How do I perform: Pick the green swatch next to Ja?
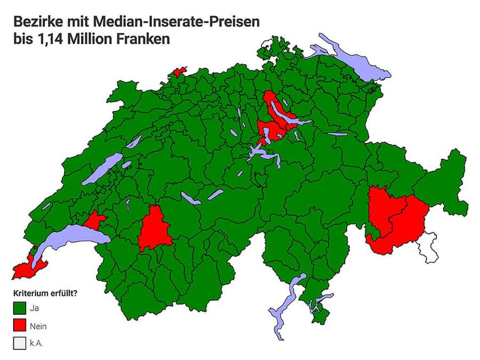click(20, 308)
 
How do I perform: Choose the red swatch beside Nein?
click(20, 325)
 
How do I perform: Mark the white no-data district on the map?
click(427, 247)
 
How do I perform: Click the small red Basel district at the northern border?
click(178, 72)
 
